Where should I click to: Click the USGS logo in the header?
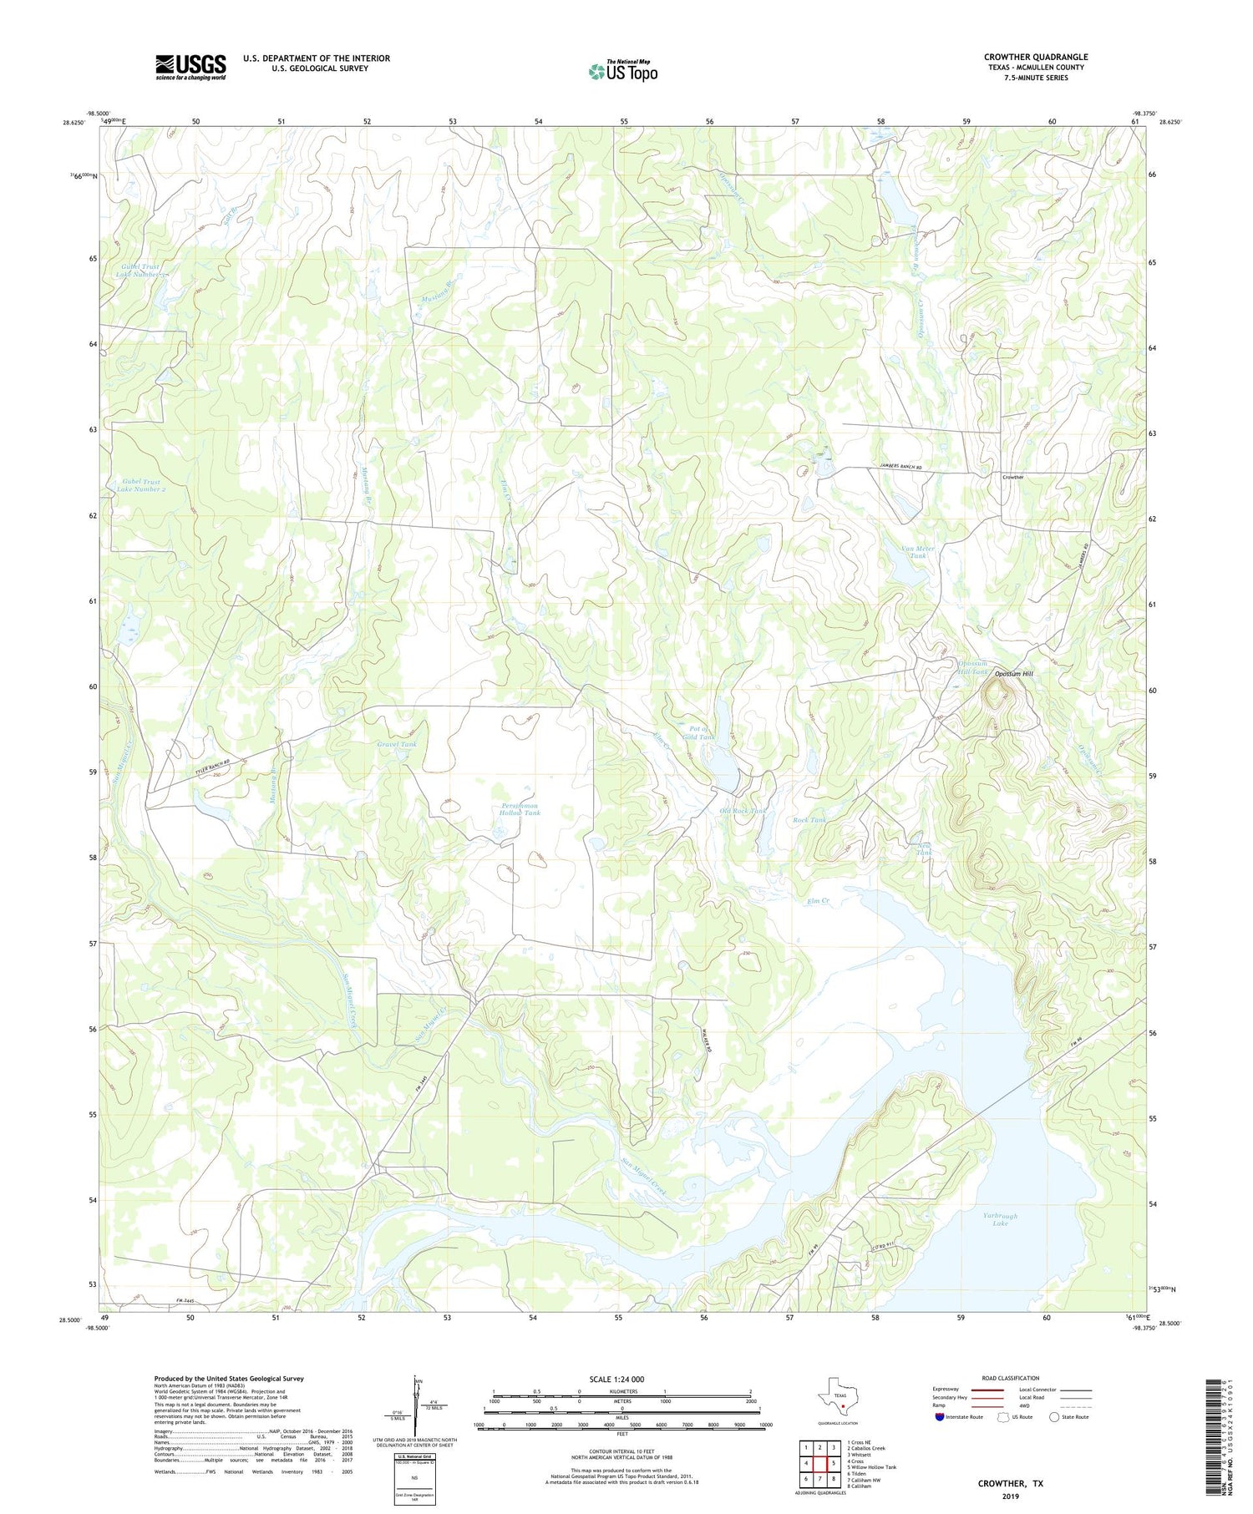190,67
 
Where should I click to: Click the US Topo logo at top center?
622,72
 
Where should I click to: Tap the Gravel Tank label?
396,744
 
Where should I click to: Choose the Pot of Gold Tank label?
698,732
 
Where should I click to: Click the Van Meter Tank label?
918,552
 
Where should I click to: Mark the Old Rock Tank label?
742,811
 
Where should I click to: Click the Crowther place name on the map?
1012,477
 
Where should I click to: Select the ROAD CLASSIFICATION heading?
1011,1378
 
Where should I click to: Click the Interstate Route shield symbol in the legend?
941,1416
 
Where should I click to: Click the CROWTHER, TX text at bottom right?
1012,1483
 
